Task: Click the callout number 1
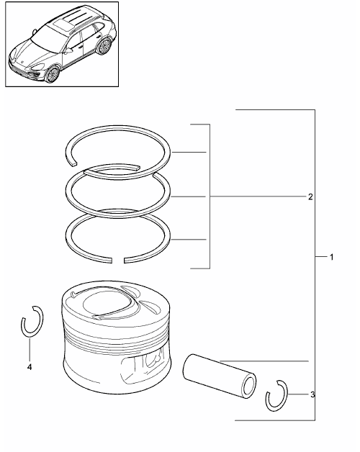point(331,257)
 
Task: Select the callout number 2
point(310,197)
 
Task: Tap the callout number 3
point(312,394)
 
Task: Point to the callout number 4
point(29,367)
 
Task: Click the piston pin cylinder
point(219,376)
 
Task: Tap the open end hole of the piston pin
point(249,387)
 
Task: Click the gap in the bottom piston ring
point(117,261)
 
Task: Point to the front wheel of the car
point(53,75)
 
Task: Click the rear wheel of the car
point(104,46)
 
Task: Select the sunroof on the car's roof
point(63,24)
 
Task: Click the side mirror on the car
point(68,51)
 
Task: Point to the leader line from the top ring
point(189,152)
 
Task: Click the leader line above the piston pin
point(264,361)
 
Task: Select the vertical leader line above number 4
point(29,349)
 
